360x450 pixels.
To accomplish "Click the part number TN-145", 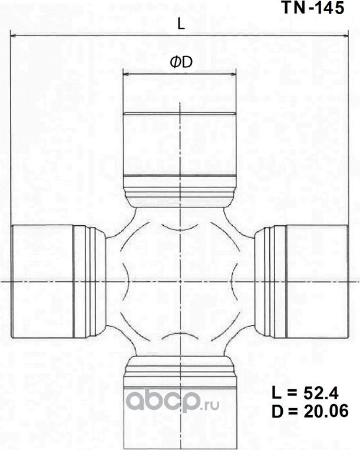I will point(312,9).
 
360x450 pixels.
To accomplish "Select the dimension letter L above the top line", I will point(181,24).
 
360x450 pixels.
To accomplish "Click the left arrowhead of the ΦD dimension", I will point(125,75).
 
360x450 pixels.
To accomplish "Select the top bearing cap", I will point(179,144).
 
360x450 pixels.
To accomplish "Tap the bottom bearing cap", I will point(179,413).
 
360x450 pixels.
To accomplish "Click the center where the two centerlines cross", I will point(179,281).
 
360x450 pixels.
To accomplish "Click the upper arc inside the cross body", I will point(179,229).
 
